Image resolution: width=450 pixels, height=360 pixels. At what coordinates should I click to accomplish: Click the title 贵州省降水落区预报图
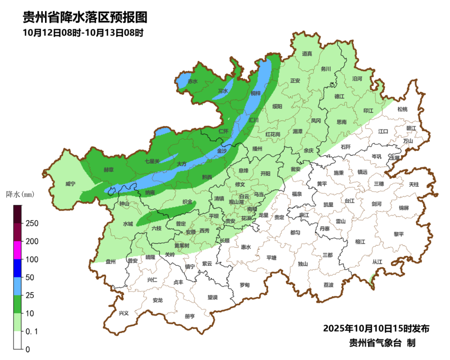[x=85, y=17]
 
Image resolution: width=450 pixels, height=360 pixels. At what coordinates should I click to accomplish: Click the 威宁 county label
[x=71, y=184]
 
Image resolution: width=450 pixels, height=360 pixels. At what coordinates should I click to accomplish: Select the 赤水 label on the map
[x=192, y=81]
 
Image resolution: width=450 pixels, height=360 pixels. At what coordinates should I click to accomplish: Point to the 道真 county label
[x=307, y=53]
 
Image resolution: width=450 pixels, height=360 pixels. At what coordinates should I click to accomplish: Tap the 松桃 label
[x=402, y=109]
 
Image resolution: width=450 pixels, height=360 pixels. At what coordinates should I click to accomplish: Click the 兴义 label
[x=124, y=313]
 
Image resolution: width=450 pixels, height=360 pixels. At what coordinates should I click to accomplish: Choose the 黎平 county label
[x=399, y=234]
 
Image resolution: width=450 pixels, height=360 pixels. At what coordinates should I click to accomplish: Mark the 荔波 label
[x=328, y=285]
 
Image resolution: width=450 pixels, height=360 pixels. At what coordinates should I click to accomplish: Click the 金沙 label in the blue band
[x=222, y=151]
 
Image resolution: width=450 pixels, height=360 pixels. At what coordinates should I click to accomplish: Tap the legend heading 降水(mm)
[x=20, y=194]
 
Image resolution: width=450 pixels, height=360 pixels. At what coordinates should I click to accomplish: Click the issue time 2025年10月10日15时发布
[x=376, y=329]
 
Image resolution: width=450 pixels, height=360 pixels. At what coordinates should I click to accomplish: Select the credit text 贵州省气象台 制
[x=382, y=343]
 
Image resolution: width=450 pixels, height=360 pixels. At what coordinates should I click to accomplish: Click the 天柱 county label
[x=414, y=184]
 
